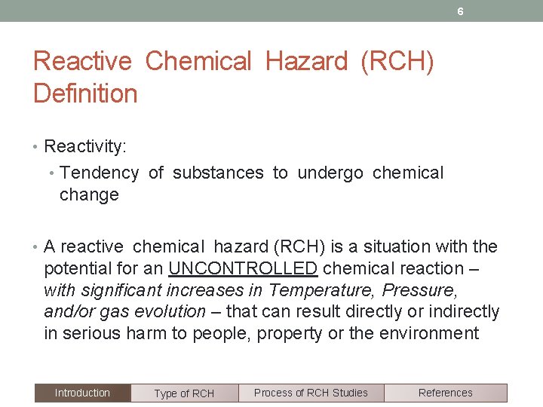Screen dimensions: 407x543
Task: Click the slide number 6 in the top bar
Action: [x=460, y=11]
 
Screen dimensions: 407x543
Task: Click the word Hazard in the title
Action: [x=306, y=61]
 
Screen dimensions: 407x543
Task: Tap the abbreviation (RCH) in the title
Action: [x=397, y=61]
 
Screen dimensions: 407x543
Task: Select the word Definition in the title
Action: [x=85, y=94]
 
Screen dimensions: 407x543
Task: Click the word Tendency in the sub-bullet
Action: [x=99, y=173]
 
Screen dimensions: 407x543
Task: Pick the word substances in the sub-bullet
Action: [x=218, y=173]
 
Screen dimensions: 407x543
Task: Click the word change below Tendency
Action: [x=89, y=194]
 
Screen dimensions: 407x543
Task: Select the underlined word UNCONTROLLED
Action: [x=243, y=268]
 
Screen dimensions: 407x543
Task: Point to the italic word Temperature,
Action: [x=323, y=290]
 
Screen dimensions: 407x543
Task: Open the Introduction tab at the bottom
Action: [x=82, y=393]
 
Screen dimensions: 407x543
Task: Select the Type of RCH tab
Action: [x=184, y=393]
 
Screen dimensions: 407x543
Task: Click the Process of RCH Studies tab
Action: [x=311, y=393]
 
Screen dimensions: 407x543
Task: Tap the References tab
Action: [x=445, y=393]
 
